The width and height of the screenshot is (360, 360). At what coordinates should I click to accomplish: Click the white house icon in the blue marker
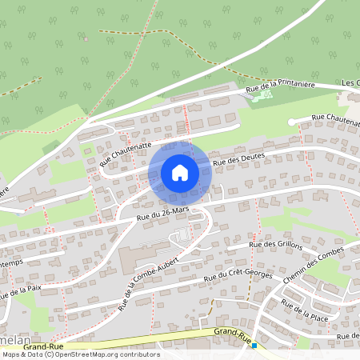180,172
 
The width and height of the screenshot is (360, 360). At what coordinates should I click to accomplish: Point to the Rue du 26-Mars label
162,212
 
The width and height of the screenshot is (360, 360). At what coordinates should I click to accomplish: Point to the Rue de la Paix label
19,290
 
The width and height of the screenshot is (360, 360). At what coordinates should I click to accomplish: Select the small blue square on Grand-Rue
254,346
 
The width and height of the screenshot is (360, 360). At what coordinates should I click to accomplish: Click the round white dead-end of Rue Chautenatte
292,122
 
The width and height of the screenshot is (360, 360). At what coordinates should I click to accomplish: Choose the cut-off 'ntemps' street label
14,262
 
